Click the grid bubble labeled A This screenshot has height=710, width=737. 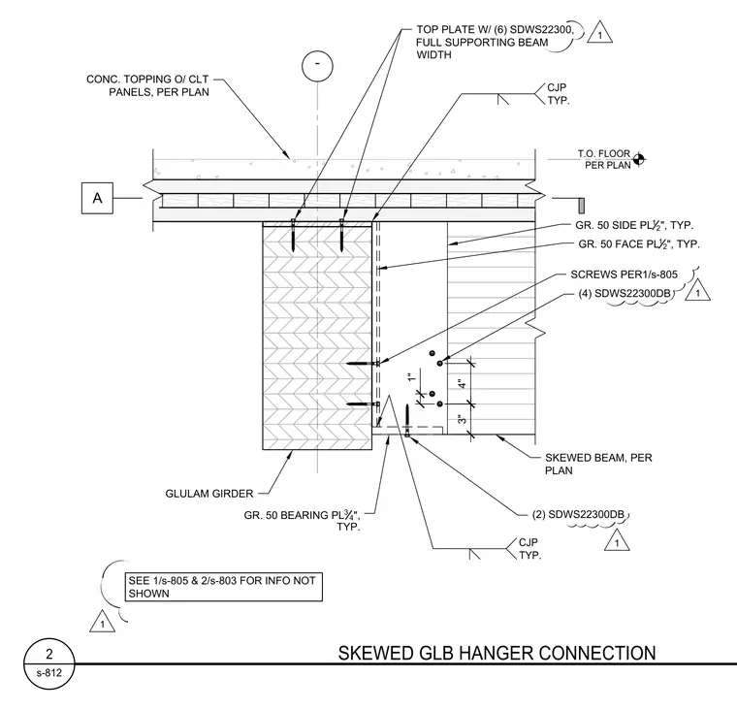coord(97,198)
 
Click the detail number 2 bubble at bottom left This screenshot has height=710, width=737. coord(48,663)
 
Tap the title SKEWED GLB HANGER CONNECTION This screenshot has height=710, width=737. coord(497,653)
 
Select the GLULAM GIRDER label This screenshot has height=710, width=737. coord(209,494)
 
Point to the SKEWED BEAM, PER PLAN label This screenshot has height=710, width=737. coord(598,464)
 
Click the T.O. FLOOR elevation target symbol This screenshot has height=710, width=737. coord(638,160)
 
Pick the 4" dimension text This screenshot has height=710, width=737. coord(463,384)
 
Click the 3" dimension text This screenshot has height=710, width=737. coord(463,419)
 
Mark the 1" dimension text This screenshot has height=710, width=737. coord(412,377)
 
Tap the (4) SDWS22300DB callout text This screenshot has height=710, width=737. coord(625,293)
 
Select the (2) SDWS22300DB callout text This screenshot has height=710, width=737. coord(578,514)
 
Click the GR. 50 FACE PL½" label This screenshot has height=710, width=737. coord(639,244)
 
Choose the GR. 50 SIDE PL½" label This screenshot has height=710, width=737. coord(634,225)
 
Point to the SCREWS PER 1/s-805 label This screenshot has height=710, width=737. coord(625,274)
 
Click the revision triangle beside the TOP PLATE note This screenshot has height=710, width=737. coord(599,32)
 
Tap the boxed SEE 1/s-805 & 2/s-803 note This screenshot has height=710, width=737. coord(223,587)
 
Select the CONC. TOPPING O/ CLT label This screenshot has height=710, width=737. coord(147,85)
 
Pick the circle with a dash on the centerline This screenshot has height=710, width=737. coord(317,66)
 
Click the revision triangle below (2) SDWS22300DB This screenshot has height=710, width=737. coord(617,540)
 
